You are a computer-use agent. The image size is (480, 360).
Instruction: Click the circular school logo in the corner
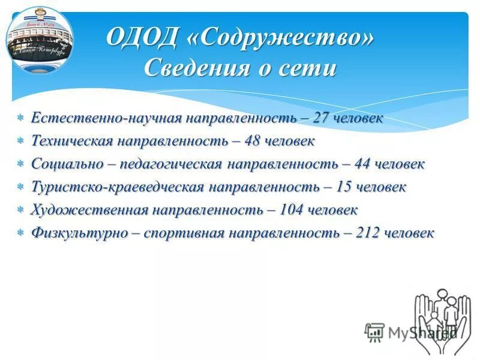coord(40,40)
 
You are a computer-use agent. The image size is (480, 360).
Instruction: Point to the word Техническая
coord(72,141)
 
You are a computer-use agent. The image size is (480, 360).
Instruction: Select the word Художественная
coord(89,211)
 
